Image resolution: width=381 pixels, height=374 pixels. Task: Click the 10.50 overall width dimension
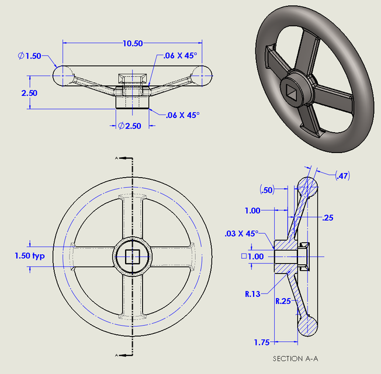(x=133, y=43)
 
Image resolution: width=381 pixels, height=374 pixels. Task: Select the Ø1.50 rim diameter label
(x=29, y=56)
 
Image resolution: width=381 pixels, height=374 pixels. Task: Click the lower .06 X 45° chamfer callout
(x=182, y=115)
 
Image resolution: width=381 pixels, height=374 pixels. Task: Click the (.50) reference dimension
(x=266, y=190)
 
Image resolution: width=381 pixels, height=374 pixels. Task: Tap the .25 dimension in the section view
(x=328, y=217)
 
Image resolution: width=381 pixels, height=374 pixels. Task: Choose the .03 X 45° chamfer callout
(x=241, y=234)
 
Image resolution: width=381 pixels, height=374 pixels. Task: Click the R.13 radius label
(x=252, y=294)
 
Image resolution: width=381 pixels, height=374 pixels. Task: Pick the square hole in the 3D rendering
(x=292, y=91)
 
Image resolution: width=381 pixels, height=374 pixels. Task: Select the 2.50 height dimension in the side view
(x=29, y=93)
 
